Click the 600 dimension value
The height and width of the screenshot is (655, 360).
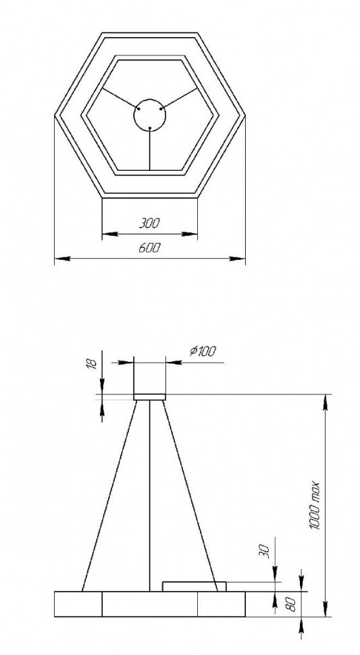coord(149,247)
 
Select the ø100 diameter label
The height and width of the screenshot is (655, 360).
coord(203,351)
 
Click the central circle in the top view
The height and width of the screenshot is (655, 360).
coord(149,115)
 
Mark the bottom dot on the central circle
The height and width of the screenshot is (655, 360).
coord(149,128)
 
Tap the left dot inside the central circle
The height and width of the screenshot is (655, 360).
coord(139,108)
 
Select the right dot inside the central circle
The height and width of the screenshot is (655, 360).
coord(160,108)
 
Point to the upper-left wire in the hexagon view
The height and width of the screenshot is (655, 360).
coord(120,97)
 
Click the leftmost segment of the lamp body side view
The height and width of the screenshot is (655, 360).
coord(78,604)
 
